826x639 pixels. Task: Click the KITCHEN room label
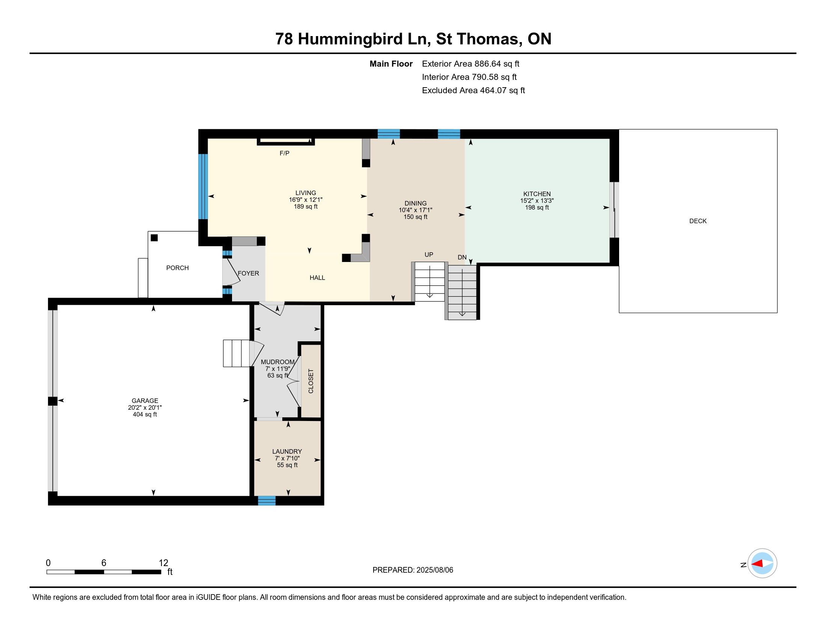[537, 194]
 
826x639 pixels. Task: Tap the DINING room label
[415, 203]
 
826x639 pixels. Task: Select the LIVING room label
[306, 193]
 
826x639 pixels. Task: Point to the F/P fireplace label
[285, 153]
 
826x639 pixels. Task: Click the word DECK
[698, 221]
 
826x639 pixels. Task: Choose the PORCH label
[177, 268]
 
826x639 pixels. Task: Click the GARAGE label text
[145, 401]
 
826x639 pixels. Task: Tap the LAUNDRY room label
[287, 451]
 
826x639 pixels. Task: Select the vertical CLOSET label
[311, 381]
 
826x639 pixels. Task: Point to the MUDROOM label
[277, 362]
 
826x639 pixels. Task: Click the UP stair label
[428, 255]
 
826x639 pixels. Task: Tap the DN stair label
[462, 257]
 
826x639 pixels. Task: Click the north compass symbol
[762, 564]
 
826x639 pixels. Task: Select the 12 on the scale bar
[163, 563]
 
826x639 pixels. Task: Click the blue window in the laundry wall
[267, 500]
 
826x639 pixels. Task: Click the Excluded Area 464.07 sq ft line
[473, 91]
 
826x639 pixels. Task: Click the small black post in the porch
[154, 238]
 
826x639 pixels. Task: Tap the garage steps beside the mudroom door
[237, 354]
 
